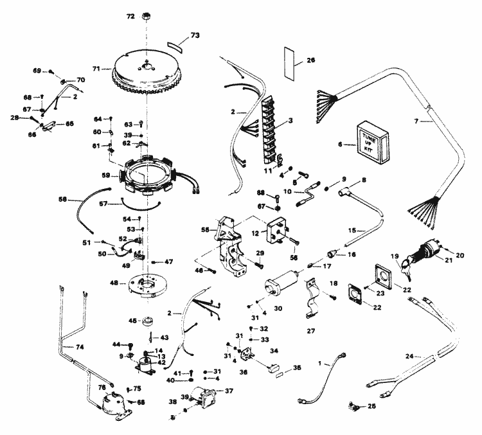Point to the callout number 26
pyautogui.click(x=310, y=60)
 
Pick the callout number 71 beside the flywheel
pyautogui.click(x=97, y=68)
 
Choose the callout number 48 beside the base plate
pyautogui.click(x=114, y=283)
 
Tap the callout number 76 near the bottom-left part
pyautogui.click(x=84, y=387)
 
